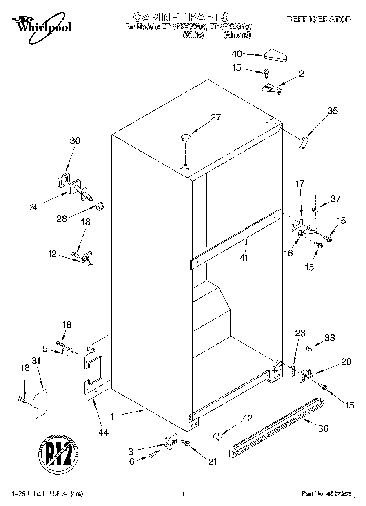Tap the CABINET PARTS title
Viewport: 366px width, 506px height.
(181, 17)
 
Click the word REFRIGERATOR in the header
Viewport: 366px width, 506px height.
(319, 20)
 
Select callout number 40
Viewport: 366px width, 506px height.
(237, 53)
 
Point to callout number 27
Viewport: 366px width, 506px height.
(215, 118)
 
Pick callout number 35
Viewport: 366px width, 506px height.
(333, 110)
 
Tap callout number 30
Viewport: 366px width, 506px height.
(75, 141)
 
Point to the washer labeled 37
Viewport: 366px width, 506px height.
(316, 210)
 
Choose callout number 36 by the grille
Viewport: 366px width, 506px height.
(322, 428)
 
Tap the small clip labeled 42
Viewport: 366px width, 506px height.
(217, 437)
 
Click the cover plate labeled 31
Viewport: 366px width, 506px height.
(40, 404)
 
